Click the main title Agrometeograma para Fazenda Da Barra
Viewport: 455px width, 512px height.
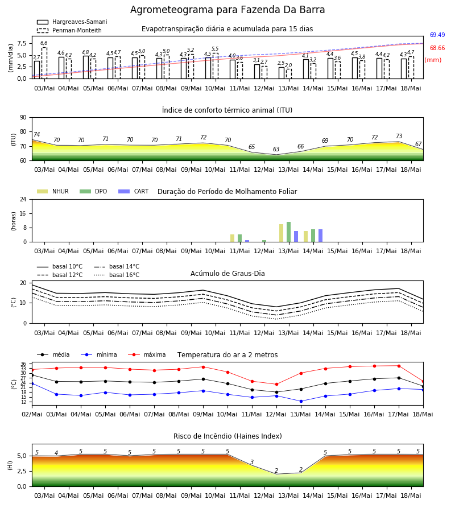[227, 10]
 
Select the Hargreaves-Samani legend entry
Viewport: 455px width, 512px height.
[72, 22]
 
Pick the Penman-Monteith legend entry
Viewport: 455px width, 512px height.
[69, 30]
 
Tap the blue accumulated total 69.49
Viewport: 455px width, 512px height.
[437, 35]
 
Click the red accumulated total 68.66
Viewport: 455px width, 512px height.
[437, 48]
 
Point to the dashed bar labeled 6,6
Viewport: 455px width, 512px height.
[44, 63]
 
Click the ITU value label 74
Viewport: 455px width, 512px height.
[36, 134]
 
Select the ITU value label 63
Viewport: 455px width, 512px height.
[276, 149]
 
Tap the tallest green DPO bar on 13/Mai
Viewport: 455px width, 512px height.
[288, 232]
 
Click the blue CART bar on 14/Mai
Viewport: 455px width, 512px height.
[321, 236]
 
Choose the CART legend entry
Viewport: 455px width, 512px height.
[133, 191]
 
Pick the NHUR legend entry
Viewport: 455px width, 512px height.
[52, 191]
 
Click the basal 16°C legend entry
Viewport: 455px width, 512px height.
[117, 275]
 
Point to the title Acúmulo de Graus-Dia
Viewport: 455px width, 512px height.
[227, 273]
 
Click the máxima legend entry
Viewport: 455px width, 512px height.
[147, 354]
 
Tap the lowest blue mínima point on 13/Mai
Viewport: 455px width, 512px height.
[301, 401]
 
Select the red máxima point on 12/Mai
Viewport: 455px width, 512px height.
[277, 385]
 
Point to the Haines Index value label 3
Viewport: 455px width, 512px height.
[252, 462]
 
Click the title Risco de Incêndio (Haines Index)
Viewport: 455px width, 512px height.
[227, 436]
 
